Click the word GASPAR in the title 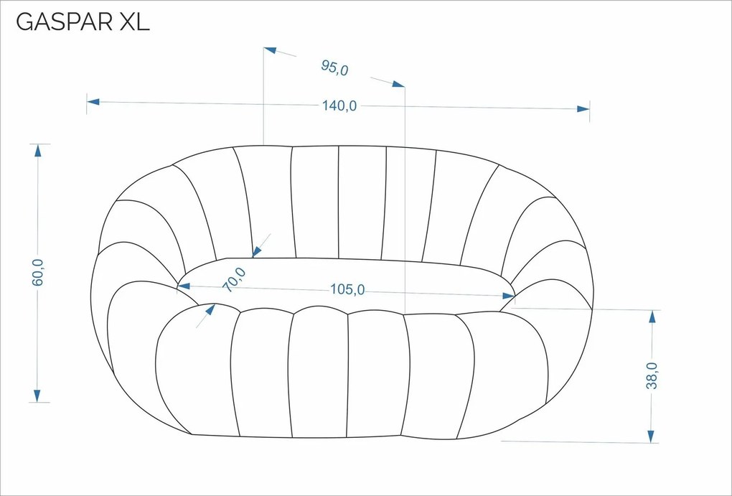click(x=64, y=22)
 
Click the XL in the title click(x=134, y=22)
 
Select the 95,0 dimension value click(x=334, y=67)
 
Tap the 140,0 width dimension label click(x=339, y=106)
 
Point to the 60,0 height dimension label click(x=38, y=272)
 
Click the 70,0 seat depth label click(x=235, y=280)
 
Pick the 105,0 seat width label click(x=347, y=289)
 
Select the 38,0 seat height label click(x=652, y=375)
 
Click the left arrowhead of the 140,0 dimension click(x=93, y=101)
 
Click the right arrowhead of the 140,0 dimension click(x=583, y=109)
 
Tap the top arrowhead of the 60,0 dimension click(x=37, y=151)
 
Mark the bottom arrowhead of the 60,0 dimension click(x=37, y=396)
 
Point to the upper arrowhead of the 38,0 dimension click(x=652, y=316)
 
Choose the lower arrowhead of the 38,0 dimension click(x=651, y=436)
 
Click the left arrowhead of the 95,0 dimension click(x=270, y=50)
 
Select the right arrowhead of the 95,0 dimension click(x=398, y=84)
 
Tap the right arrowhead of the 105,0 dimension click(x=509, y=296)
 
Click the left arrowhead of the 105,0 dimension click(x=184, y=286)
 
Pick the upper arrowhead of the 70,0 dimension click(x=257, y=252)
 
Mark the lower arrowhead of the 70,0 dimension click(x=210, y=309)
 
